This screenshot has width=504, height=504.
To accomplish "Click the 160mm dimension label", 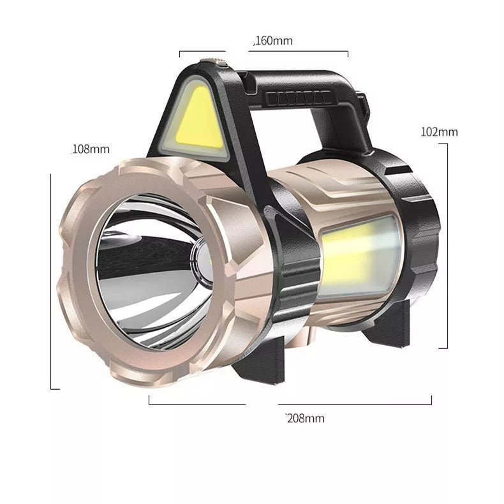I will pyautogui.click(x=274, y=41).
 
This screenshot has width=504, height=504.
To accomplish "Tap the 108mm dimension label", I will pyautogui.click(x=90, y=149).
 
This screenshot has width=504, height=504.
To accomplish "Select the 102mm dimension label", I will pyautogui.click(x=439, y=132).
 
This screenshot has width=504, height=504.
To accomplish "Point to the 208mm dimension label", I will pyautogui.click(x=305, y=419).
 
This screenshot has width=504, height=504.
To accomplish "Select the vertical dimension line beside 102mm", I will pyautogui.click(x=447, y=246).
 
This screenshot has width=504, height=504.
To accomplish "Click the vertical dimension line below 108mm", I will pyautogui.click(x=51, y=281).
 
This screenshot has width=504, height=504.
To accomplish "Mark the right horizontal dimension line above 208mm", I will pyautogui.click(x=355, y=404).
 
